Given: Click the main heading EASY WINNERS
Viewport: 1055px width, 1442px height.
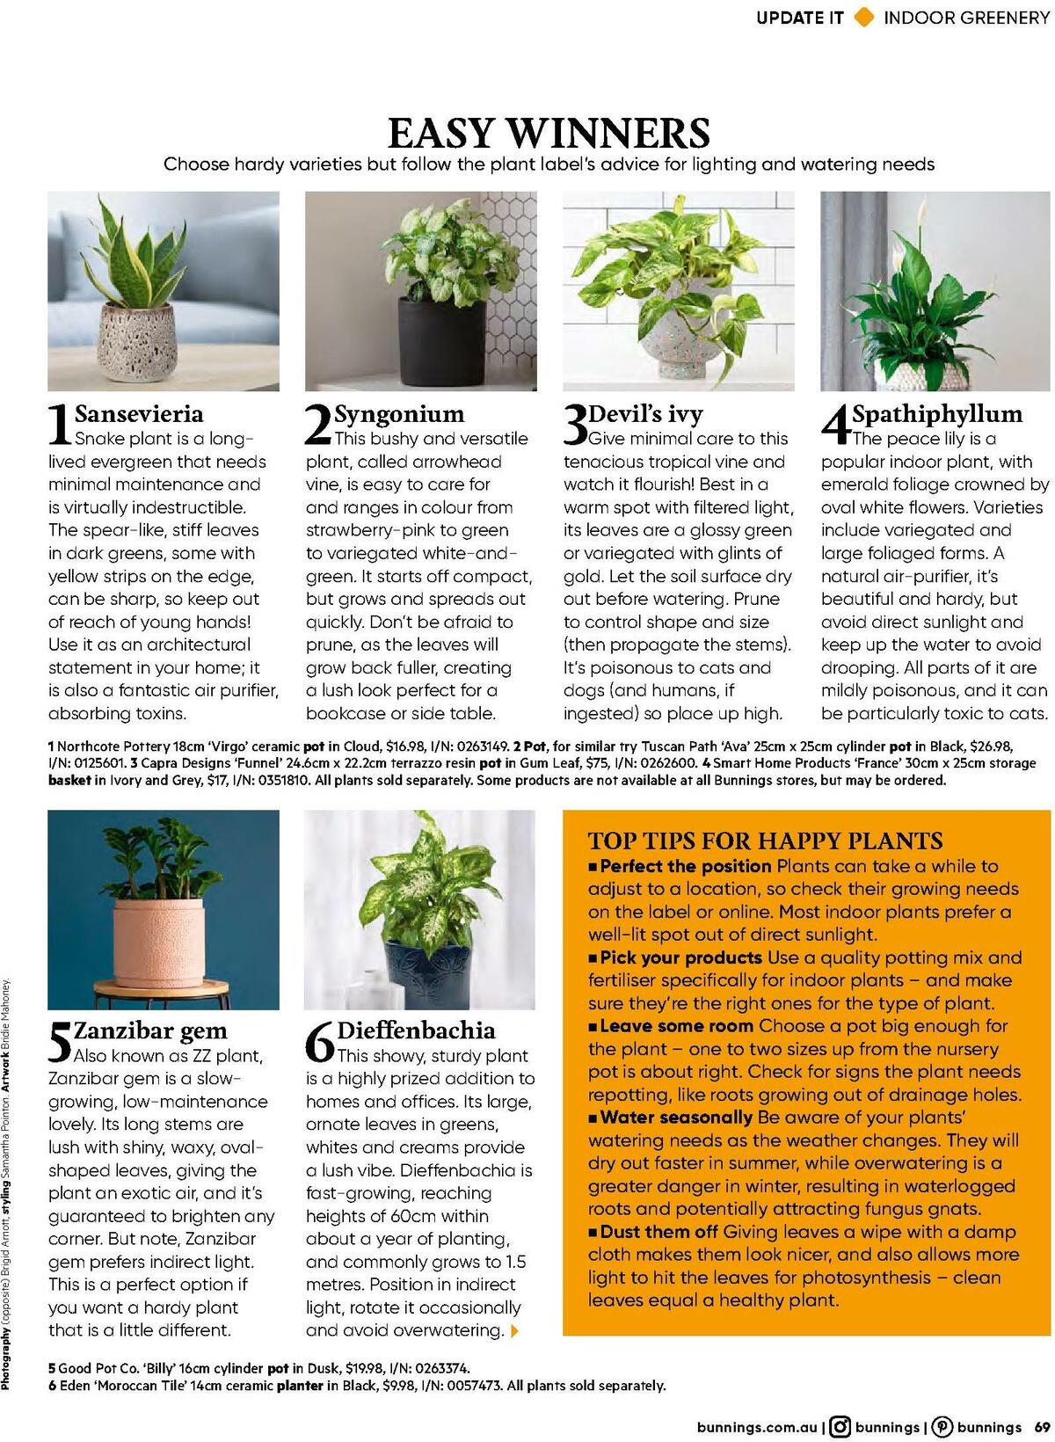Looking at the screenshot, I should point(549,133).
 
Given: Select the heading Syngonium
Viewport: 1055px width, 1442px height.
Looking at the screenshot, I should point(398,413).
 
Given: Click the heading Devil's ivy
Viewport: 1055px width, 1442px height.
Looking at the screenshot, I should point(645,413).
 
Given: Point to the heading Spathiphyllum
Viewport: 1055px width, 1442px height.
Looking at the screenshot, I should point(937,413).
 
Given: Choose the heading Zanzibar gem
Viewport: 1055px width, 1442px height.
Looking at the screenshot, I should point(150,1031).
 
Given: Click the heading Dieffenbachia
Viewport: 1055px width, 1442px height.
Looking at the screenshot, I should point(416,1031).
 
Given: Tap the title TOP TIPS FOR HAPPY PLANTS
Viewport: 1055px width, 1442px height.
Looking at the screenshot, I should point(765,841).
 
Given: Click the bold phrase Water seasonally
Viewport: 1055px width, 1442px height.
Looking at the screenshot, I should point(675,1118).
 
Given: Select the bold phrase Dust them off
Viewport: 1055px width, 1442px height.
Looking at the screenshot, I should point(659,1232).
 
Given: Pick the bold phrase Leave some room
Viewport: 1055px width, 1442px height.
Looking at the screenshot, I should point(676,1026).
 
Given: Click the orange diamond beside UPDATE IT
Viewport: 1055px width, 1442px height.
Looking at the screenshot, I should point(864,17).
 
